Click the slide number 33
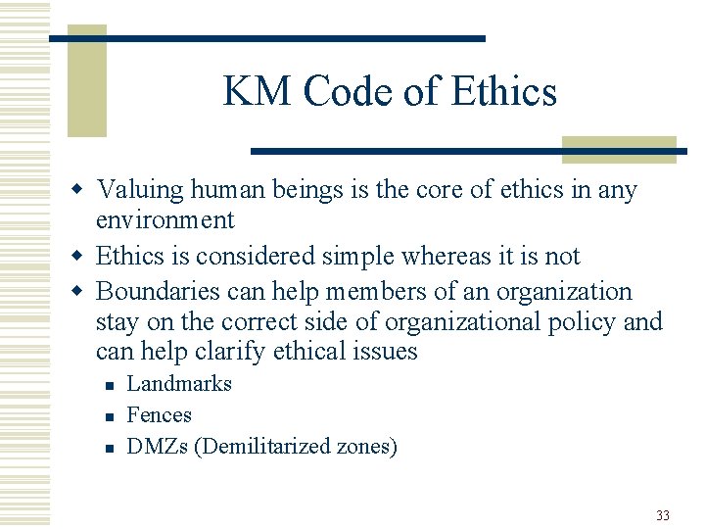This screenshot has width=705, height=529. pyautogui.click(x=663, y=515)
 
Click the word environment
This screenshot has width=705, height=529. pyautogui.click(x=164, y=220)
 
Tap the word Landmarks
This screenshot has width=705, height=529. pyautogui.click(x=179, y=384)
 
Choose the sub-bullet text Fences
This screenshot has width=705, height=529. pyautogui.click(x=160, y=415)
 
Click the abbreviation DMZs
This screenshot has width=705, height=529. pyautogui.click(x=158, y=447)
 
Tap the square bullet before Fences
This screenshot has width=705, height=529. pyautogui.click(x=109, y=417)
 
